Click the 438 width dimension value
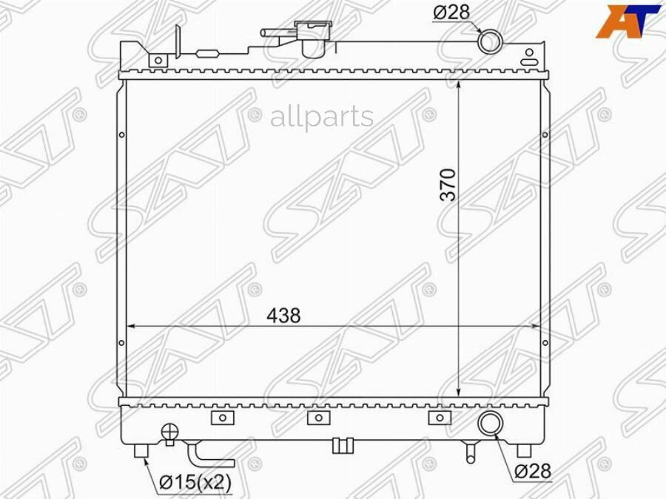click(x=283, y=315)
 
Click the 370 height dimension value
click(x=448, y=185)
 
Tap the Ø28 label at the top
click(x=451, y=13)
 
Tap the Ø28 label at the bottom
click(x=533, y=471)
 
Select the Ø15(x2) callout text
click(x=195, y=481)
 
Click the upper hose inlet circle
click(x=490, y=41)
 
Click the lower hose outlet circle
click(x=491, y=422)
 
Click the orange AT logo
click(x=628, y=21)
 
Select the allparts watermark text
click(x=322, y=117)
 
